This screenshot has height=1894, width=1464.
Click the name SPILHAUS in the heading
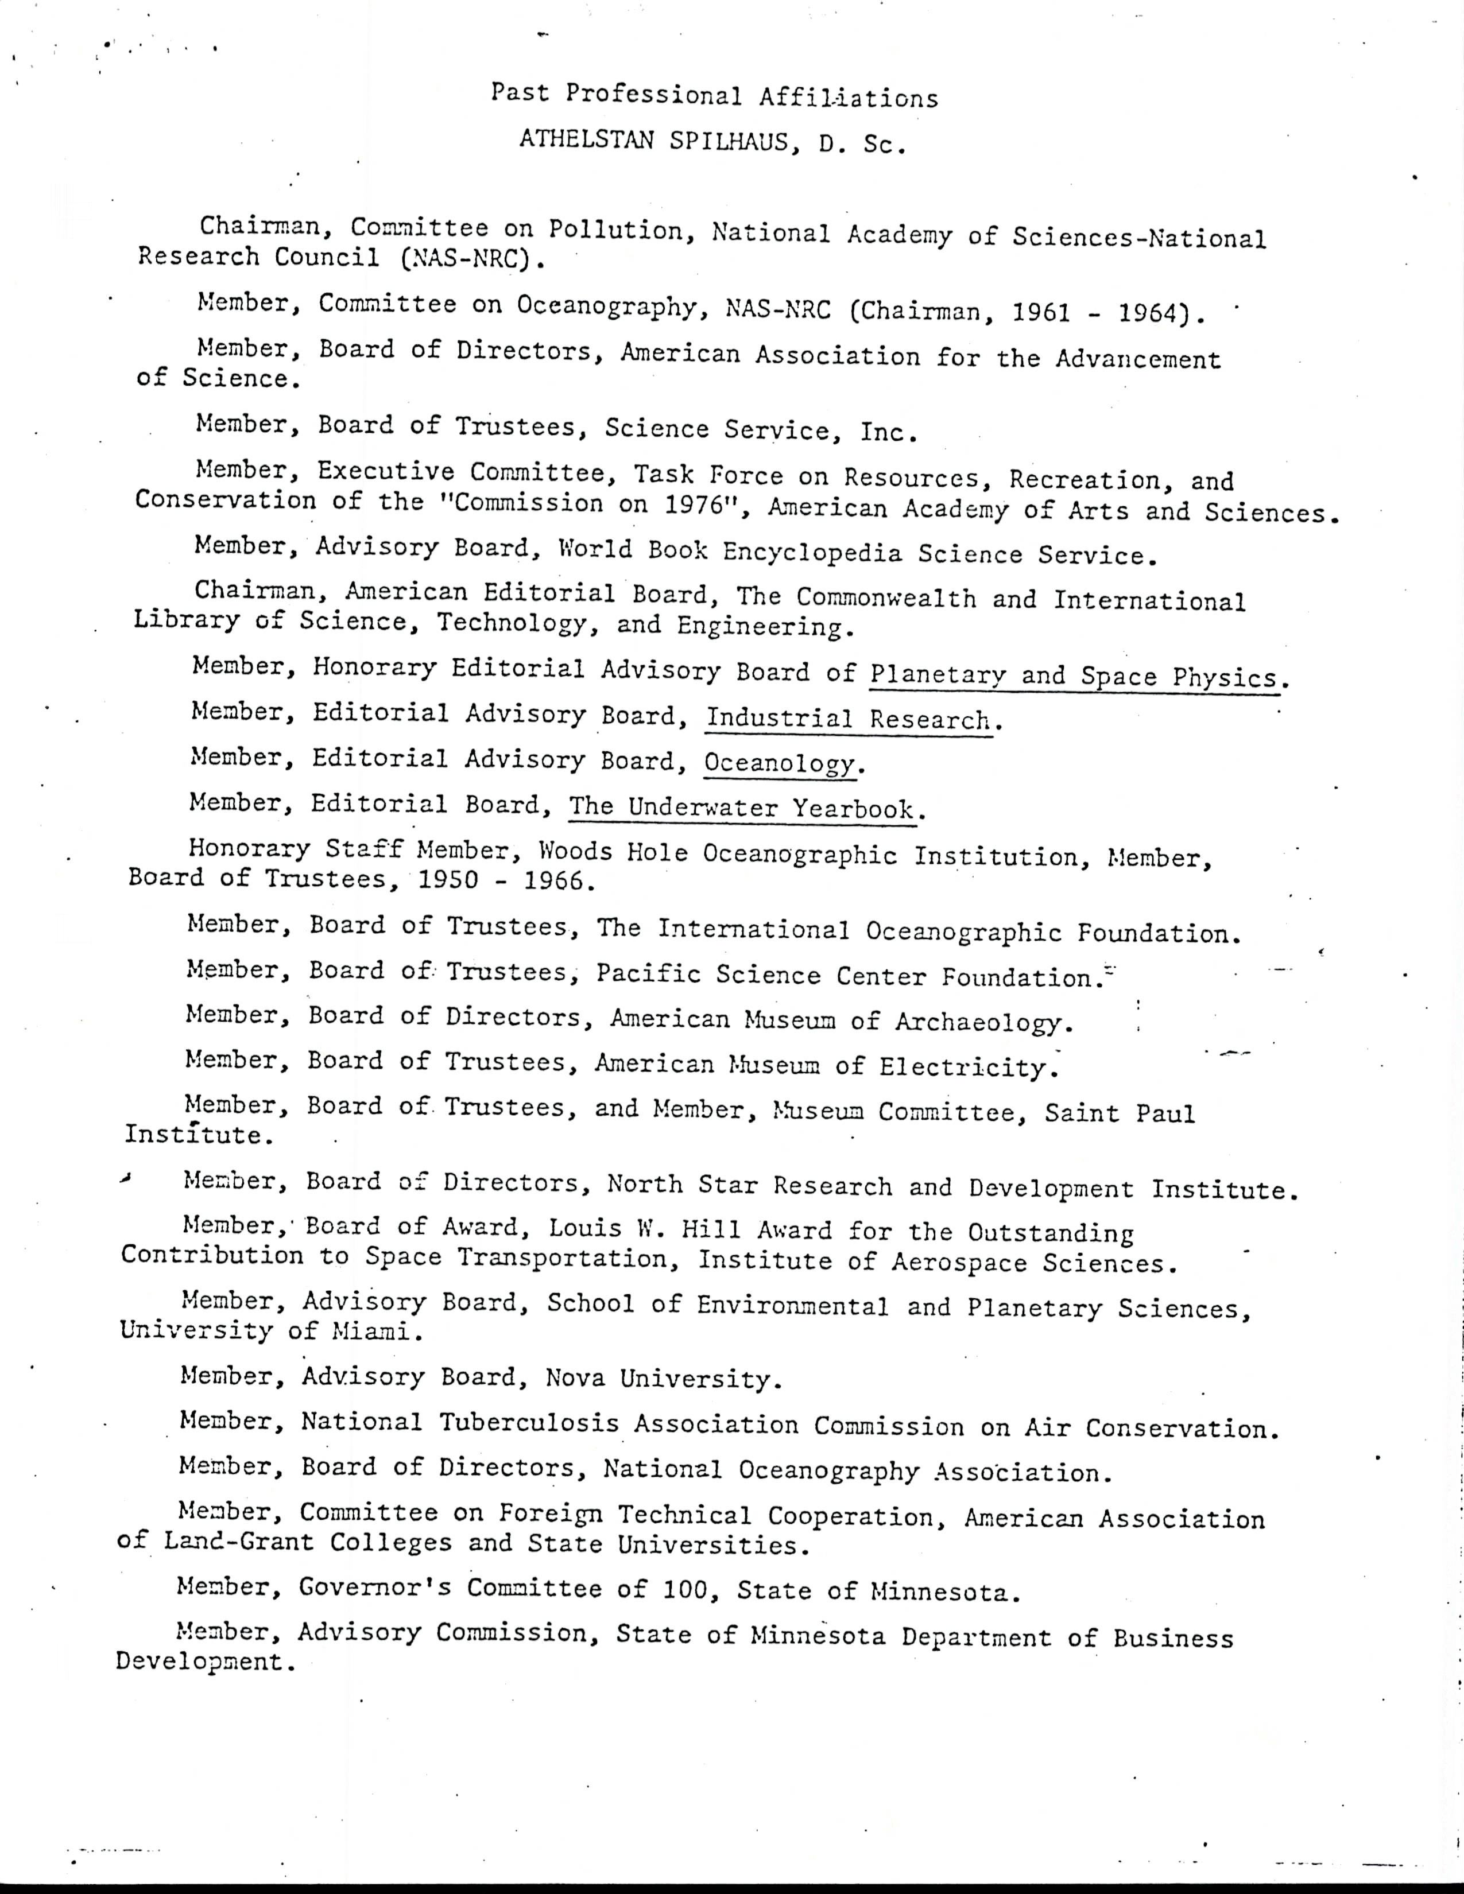click(734, 141)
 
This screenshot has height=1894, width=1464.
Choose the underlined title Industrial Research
click(848, 719)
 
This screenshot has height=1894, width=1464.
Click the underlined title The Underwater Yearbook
click(742, 808)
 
